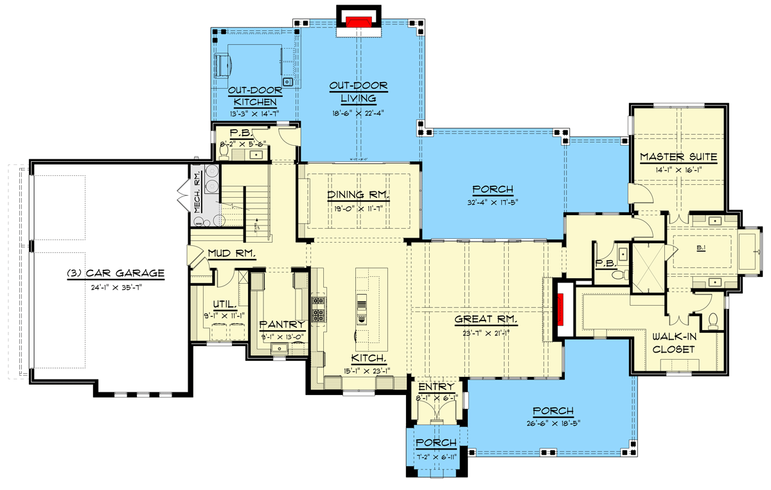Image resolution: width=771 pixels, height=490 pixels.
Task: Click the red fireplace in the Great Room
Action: point(560,309)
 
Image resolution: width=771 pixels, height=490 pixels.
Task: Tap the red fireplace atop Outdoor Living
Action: point(359,22)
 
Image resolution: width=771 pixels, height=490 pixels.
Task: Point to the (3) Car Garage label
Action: point(116,274)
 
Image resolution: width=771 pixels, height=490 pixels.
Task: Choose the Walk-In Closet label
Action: point(674,343)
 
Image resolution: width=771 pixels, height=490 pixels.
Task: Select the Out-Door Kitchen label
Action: point(254,96)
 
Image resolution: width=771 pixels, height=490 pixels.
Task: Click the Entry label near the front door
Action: point(437,387)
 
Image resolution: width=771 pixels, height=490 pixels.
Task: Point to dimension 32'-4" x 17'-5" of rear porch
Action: point(493,203)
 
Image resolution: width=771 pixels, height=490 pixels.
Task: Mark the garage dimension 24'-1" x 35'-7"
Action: point(116,287)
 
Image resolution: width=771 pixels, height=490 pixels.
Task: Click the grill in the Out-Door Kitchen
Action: point(224,64)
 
